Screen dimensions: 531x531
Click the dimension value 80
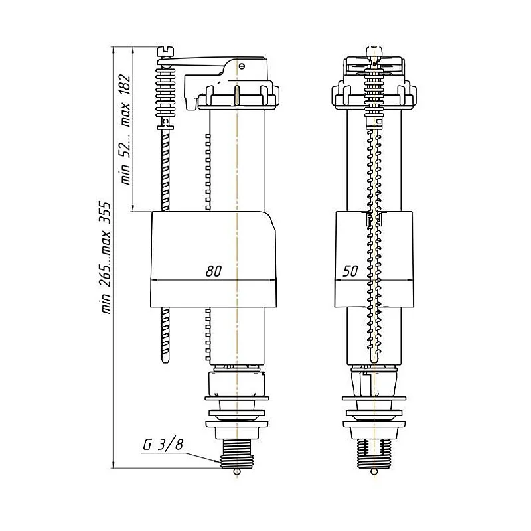point(214,271)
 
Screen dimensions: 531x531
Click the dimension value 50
point(350,271)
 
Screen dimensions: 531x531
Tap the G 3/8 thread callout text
point(163,444)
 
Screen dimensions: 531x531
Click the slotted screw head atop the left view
point(166,52)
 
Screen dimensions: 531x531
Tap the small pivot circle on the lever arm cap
point(241,66)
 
